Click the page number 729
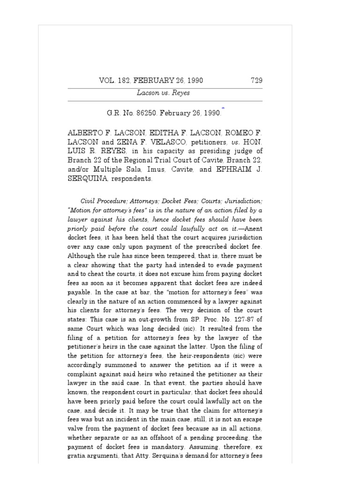[x=256, y=80]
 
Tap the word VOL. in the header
[x=107, y=80]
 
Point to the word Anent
[x=255, y=229]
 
